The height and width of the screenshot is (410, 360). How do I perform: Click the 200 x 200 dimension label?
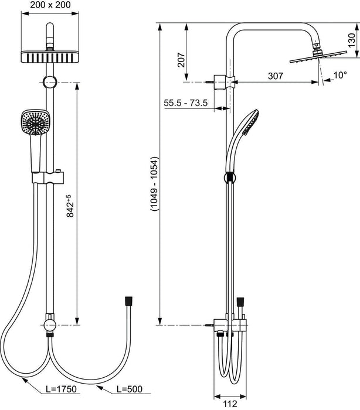50,5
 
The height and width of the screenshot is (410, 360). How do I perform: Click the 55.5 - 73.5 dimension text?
185,103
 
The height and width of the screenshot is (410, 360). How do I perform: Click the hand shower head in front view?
35,122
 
